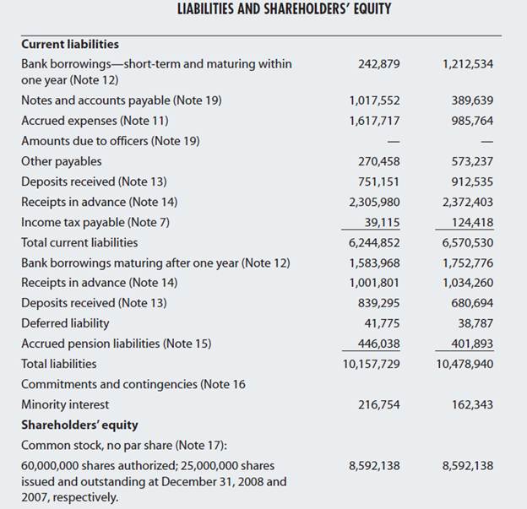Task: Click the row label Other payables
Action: pos(61,161)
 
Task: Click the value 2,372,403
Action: pos(467,202)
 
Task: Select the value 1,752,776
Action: pos(467,263)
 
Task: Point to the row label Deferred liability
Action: pos(65,322)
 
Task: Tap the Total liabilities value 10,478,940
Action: pos(464,364)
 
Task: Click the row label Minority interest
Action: pos(65,405)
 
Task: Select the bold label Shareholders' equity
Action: pos(79,425)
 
